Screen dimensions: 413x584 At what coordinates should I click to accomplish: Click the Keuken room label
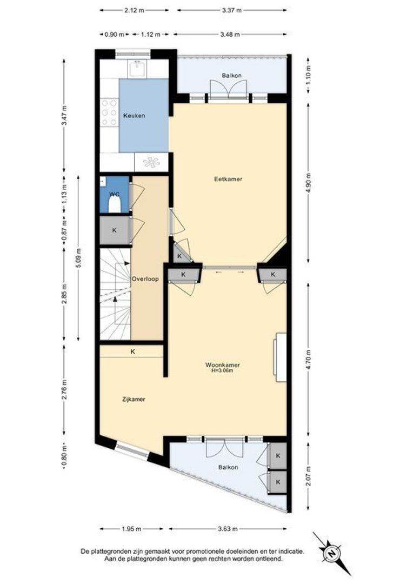click(134, 116)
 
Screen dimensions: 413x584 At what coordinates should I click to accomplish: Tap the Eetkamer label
click(228, 179)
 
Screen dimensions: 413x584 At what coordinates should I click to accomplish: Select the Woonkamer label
click(222, 365)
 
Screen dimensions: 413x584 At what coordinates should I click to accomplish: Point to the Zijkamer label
click(134, 399)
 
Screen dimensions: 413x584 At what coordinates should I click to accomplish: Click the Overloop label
click(145, 278)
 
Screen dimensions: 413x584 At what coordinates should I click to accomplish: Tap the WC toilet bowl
click(114, 205)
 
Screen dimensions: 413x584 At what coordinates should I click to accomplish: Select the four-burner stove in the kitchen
click(109, 112)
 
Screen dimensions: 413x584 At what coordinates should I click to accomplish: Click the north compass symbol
click(331, 553)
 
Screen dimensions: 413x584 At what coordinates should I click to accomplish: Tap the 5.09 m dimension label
click(78, 258)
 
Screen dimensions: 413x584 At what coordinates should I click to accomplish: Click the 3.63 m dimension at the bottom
click(228, 528)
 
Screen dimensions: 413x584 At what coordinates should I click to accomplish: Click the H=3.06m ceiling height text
click(222, 370)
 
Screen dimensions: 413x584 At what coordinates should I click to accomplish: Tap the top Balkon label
click(232, 75)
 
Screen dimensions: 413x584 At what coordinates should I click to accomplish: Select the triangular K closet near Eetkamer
click(181, 253)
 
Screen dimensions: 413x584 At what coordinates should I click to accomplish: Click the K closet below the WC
click(114, 230)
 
